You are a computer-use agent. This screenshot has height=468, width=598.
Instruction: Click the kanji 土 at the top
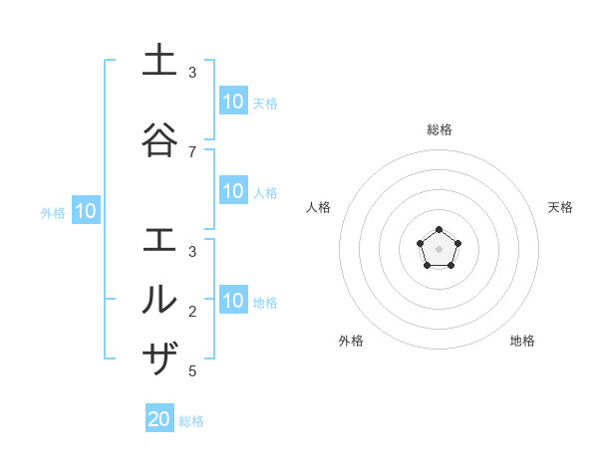pyautogui.click(x=159, y=60)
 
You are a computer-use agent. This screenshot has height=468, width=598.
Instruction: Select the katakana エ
pyautogui.click(x=159, y=240)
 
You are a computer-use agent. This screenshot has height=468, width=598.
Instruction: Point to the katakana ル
pyautogui.click(x=159, y=299)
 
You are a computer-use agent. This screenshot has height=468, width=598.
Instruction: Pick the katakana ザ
pyautogui.click(x=159, y=357)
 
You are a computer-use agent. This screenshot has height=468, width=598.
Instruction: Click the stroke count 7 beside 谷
pyautogui.click(x=192, y=151)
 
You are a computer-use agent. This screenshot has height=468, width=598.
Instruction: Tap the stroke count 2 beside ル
pyautogui.click(x=192, y=311)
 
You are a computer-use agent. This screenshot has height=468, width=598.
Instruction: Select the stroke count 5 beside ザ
pyautogui.click(x=192, y=371)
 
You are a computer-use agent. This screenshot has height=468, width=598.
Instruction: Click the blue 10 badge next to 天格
pyautogui.click(x=233, y=102)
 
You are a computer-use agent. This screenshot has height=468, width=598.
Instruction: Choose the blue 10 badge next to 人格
pyautogui.click(x=233, y=191)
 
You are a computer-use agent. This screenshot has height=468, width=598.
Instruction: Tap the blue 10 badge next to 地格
pyautogui.click(x=233, y=301)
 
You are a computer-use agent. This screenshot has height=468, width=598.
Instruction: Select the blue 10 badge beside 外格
pyautogui.click(x=86, y=211)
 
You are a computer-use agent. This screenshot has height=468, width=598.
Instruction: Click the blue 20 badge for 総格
pyautogui.click(x=159, y=419)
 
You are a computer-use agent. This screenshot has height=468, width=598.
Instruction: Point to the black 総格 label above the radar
pyautogui.click(x=440, y=129)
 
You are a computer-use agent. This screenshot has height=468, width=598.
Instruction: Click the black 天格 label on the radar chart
pyautogui.click(x=560, y=207)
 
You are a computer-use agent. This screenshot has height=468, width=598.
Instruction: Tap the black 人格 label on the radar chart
pyautogui.click(x=319, y=207)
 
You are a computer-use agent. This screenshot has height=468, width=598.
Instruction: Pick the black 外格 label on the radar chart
pyautogui.click(x=351, y=341)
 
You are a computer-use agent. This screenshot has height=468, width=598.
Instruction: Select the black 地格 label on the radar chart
pyautogui.click(x=522, y=341)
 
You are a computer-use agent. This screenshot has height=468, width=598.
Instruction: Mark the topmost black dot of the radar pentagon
pyautogui.click(x=439, y=231)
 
